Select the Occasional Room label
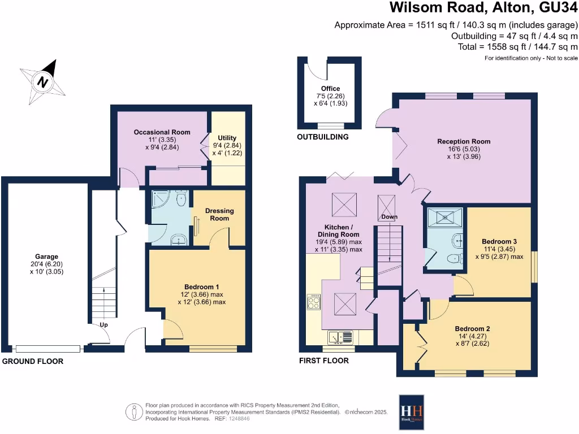(162, 132)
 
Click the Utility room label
(227, 138)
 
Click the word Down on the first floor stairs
(388, 217)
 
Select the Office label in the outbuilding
(330, 89)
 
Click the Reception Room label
(463, 141)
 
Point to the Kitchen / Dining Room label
(338, 230)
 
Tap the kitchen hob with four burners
(313, 302)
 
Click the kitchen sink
(341, 337)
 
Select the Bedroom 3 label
(495, 241)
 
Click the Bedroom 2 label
(472, 328)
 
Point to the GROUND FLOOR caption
(33, 361)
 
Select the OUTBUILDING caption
(323, 137)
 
